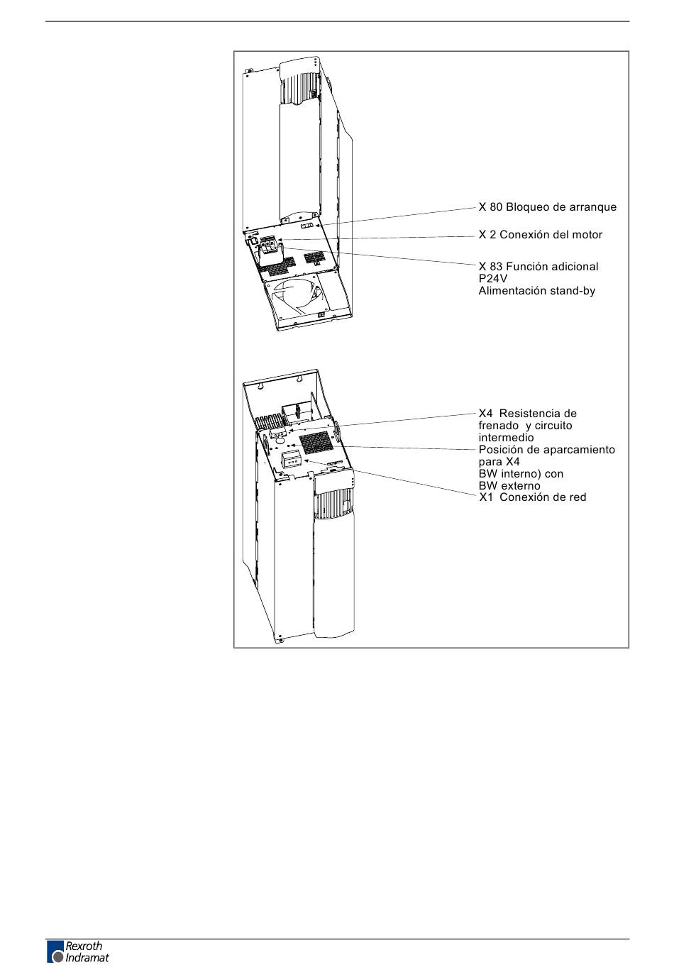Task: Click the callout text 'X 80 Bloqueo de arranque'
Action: [547, 207]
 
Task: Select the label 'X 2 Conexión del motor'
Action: [540, 234]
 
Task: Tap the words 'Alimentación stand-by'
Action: [536, 291]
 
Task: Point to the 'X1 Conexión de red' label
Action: [532, 497]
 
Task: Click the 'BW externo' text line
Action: [509, 486]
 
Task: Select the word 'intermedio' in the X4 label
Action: [506, 438]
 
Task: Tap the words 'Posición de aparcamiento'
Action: [546, 450]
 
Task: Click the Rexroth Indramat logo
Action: [78, 951]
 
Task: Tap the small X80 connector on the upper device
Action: [307, 225]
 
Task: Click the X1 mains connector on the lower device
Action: [291, 460]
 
